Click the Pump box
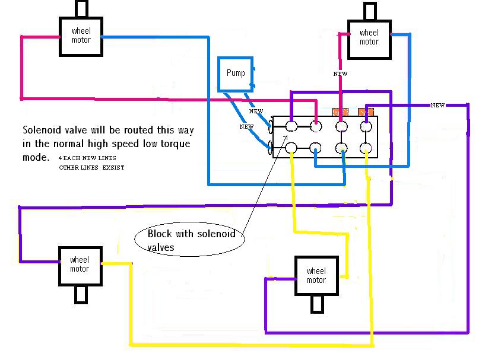(x=235, y=74)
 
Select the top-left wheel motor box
(x=81, y=36)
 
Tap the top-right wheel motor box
(x=369, y=37)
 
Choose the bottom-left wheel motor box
(x=80, y=265)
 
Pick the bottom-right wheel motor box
(x=316, y=276)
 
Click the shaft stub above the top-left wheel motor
(x=81, y=8)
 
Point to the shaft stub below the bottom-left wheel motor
(x=80, y=294)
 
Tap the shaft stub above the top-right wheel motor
(x=369, y=11)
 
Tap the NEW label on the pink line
(x=340, y=74)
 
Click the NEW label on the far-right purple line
(x=437, y=106)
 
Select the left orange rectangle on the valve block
(x=340, y=111)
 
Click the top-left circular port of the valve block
(x=291, y=126)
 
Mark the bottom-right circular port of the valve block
(x=366, y=148)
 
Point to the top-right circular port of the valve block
(x=366, y=126)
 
